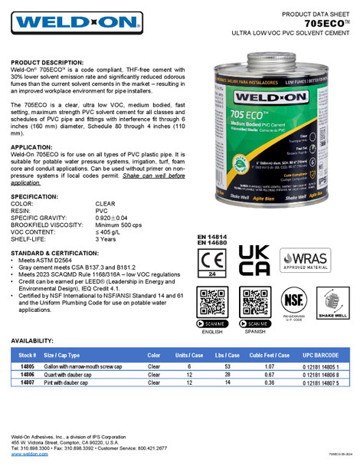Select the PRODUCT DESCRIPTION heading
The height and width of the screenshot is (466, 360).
pyautogui.click(x=47, y=62)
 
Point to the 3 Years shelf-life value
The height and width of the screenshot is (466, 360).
pyautogui.click(x=106, y=239)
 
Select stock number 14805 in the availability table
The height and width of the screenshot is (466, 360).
pyautogui.click(x=27, y=367)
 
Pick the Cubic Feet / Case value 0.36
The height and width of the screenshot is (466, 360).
pyautogui.click(x=270, y=382)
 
